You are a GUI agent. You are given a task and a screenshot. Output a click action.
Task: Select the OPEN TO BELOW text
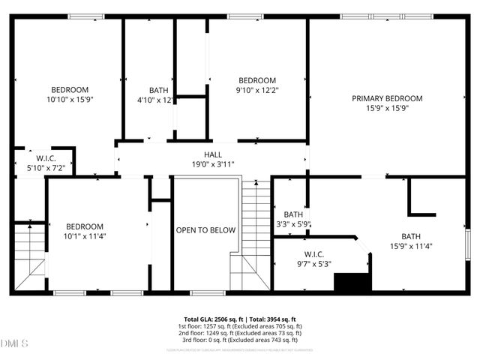click(205, 230)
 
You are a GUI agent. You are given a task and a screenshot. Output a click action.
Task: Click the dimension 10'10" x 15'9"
click(70, 99)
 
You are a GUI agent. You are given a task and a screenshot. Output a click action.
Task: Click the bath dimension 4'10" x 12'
click(155, 99)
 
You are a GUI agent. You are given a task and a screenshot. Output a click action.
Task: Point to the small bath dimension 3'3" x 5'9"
click(292, 223)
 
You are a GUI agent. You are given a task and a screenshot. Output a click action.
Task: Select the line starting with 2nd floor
click(240, 334)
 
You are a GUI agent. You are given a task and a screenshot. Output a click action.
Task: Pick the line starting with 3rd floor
click(240, 340)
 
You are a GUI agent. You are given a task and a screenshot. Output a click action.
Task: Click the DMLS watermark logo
click(15, 344)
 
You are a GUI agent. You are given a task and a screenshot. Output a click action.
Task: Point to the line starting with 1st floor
click(240, 327)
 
